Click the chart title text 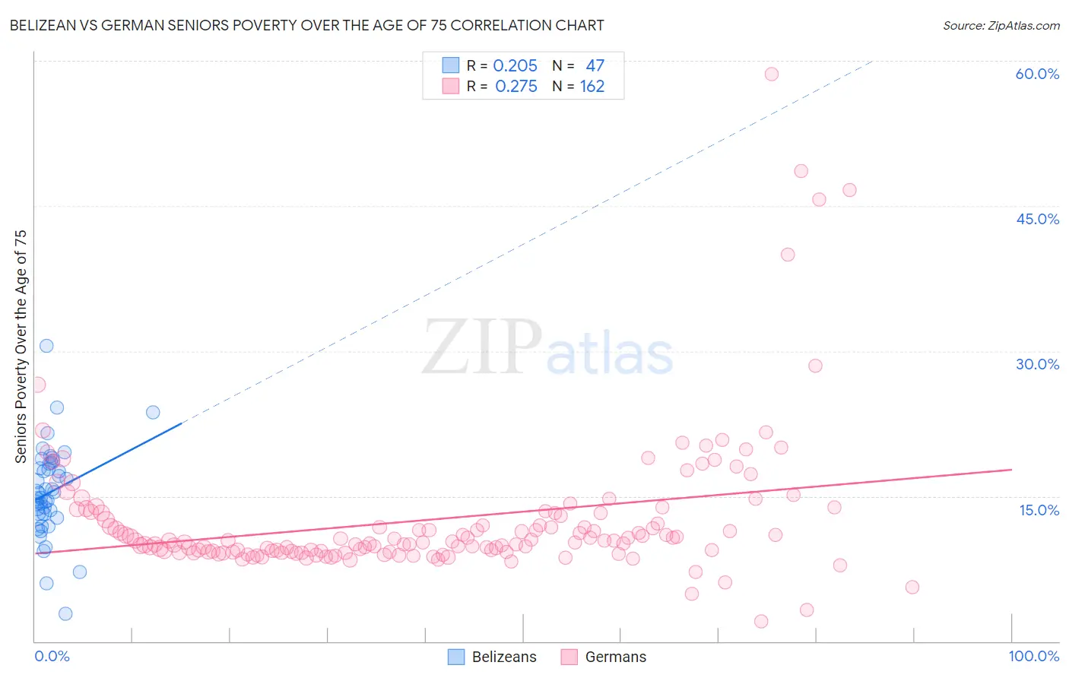point(306,25)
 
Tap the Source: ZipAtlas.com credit point(1001,25)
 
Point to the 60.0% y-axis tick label point(1037,74)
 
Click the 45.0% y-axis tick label point(1037,219)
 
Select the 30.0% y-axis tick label point(1037,364)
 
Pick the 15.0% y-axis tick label point(1039,510)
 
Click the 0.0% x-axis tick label point(52,656)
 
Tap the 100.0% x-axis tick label point(1033,656)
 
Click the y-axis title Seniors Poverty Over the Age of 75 point(21,346)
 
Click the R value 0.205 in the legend point(515,65)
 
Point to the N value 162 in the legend point(592,87)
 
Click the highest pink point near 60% point(772,74)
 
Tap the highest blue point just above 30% point(46,346)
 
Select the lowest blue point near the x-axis point(65,613)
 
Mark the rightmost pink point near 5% point(912,587)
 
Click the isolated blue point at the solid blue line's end point(153,412)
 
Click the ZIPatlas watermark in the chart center point(547,348)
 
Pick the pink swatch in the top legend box point(451,87)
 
